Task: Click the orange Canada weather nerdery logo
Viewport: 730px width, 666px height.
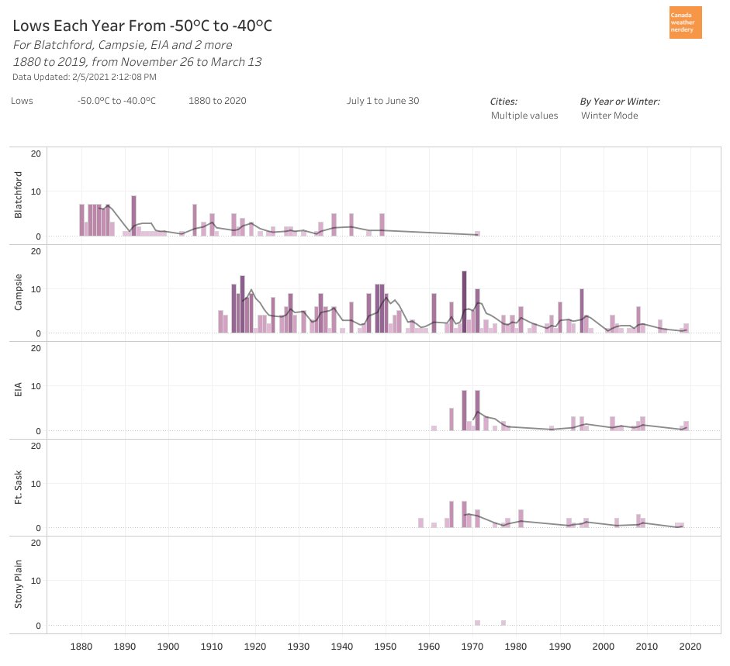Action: [x=685, y=22]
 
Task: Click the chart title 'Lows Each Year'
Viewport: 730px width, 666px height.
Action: [x=142, y=26]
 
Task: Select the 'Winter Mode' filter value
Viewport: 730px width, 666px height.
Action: [x=609, y=116]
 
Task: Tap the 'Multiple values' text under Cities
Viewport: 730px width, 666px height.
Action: [x=524, y=116]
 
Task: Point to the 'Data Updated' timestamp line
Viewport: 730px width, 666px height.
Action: [x=85, y=77]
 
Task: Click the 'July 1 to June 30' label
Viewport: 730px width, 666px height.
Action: [x=382, y=101]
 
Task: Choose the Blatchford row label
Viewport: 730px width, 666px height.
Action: [x=19, y=195]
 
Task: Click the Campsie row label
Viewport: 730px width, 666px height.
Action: [x=19, y=292]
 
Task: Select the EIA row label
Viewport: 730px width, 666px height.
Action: [x=19, y=389]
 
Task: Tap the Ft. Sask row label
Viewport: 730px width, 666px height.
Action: [x=19, y=487]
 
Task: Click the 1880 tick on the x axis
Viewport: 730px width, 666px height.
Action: [x=81, y=646]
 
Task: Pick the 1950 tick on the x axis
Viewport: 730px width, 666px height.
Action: [x=386, y=646]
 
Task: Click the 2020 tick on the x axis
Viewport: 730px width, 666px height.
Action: [x=690, y=646]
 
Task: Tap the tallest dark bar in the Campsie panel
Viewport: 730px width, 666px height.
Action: [x=464, y=302]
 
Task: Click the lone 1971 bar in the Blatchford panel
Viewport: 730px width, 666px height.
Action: [x=477, y=233]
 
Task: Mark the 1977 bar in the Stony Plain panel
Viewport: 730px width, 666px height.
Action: [x=503, y=623]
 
